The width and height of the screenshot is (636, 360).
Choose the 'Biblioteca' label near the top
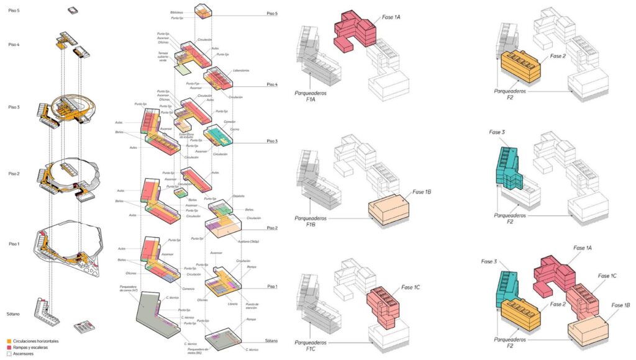(x=177, y=12)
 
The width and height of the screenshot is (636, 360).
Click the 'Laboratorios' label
(x=242, y=71)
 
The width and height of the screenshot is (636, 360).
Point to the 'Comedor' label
(x=230, y=122)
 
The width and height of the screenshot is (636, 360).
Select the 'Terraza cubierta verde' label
(x=163, y=56)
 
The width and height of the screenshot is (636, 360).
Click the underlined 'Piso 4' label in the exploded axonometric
(x=272, y=84)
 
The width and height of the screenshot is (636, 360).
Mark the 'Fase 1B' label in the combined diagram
(x=620, y=305)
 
